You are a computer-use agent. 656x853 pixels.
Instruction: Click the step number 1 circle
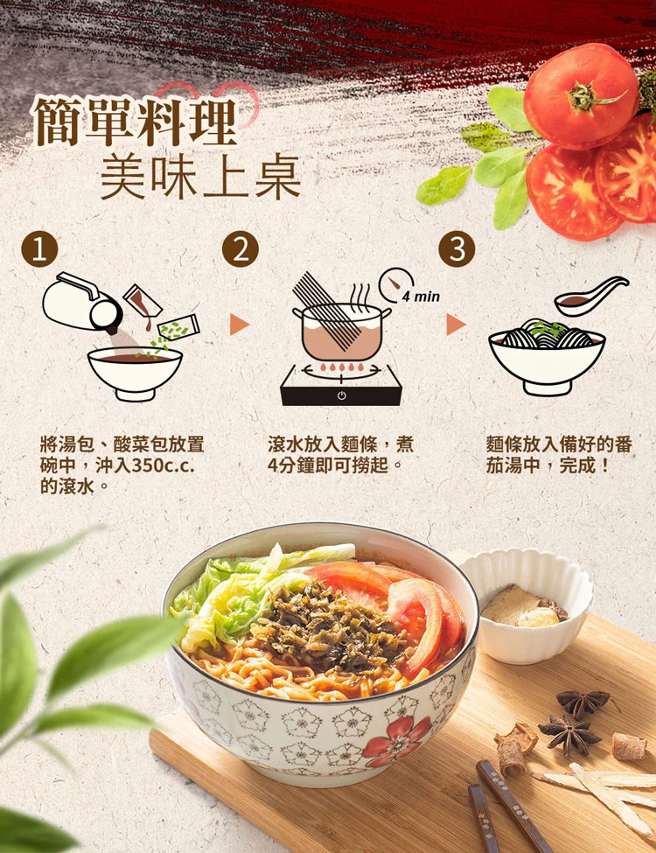tap(39, 249)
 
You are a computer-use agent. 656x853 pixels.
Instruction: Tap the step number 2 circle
tap(240, 249)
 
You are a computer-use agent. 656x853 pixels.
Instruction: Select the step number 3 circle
tap(457, 249)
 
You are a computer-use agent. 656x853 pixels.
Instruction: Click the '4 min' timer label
tap(421, 297)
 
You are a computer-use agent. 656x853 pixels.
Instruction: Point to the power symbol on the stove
tap(342, 395)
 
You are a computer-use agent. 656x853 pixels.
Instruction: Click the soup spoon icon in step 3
tap(591, 296)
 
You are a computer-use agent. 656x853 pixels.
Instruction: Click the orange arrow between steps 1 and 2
tap(239, 325)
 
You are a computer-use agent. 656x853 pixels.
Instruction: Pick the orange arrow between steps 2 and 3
tap(456, 325)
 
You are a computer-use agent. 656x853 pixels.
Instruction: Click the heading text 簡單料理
tap(136, 122)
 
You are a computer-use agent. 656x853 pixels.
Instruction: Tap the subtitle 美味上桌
tap(200, 177)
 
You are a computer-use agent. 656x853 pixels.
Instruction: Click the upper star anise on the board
tap(583, 702)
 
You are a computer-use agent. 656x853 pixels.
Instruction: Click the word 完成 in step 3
tap(577, 465)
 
